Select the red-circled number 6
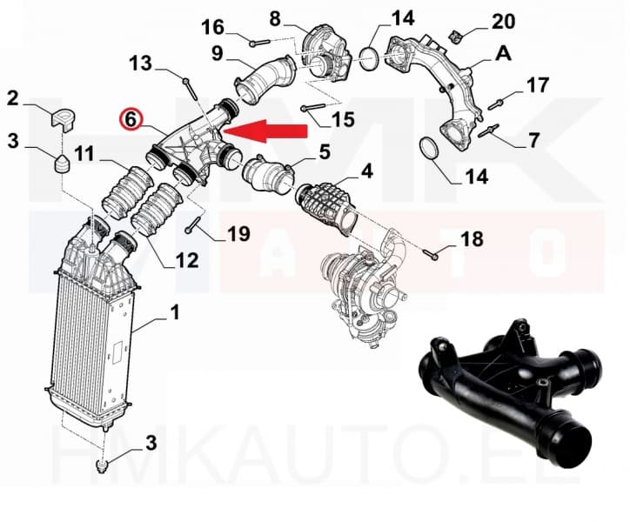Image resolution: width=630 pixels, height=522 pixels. coord(131,119)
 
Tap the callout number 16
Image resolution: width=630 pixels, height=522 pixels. coord(213,28)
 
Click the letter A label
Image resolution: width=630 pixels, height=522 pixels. coord(503,54)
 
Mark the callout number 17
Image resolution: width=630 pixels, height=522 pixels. coord(538,85)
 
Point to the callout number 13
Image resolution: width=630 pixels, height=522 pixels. coord(141,63)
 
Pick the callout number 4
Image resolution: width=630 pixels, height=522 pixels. coord(366,172)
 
